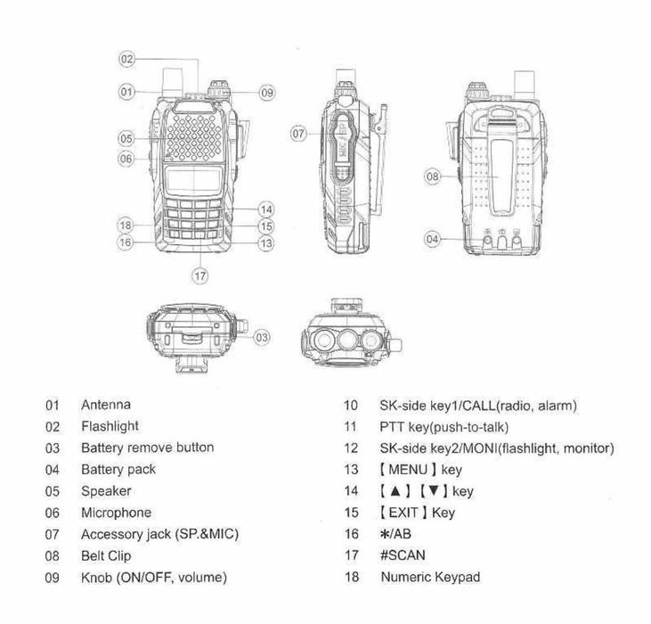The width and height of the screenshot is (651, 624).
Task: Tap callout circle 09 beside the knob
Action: (x=266, y=92)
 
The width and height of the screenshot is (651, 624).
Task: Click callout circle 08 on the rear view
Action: (x=433, y=177)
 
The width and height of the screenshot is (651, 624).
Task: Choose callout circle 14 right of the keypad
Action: (x=265, y=209)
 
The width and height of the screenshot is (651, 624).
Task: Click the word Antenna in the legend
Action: (x=105, y=406)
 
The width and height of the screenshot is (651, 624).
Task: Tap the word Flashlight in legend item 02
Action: (x=110, y=427)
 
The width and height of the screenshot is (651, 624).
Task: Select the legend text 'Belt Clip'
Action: (x=106, y=555)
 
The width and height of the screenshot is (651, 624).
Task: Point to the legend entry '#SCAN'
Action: (x=402, y=555)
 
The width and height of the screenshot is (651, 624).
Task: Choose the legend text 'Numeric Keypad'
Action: (x=429, y=577)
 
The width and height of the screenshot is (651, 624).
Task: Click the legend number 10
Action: (x=351, y=406)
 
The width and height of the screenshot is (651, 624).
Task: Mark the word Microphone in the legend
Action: (x=116, y=513)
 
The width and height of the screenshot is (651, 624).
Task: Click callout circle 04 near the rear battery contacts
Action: (x=433, y=239)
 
